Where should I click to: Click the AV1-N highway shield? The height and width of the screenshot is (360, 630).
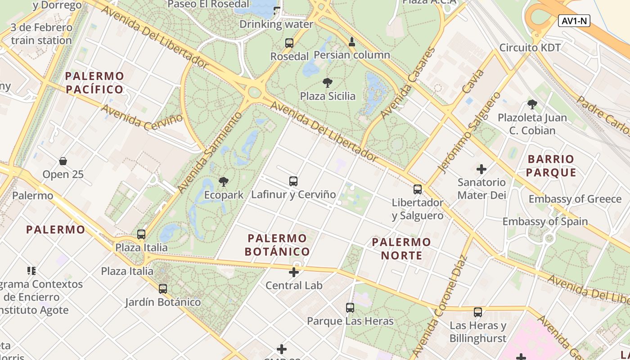[574, 21]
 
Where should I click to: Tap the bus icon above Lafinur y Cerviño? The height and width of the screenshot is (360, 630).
[293, 181]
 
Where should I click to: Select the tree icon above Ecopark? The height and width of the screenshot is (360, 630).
[223, 182]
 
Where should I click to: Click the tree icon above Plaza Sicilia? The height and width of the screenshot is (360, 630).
[328, 83]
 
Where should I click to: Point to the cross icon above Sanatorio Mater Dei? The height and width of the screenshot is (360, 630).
[481, 169]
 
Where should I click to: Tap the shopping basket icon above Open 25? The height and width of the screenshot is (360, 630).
[63, 161]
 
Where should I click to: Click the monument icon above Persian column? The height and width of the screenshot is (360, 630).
[352, 42]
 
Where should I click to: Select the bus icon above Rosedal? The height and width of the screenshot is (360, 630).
[289, 43]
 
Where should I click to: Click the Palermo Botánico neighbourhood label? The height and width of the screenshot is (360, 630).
[277, 245]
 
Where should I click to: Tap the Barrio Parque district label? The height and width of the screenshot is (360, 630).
[551, 166]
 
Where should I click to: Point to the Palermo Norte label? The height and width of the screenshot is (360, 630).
[401, 249]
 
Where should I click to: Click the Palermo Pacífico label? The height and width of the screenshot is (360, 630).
[94, 82]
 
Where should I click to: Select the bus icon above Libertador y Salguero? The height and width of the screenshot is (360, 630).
[418, 189]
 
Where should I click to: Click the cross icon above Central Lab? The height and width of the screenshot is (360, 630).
[294, 272]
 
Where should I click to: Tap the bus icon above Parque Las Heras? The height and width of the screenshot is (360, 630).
[350, 308]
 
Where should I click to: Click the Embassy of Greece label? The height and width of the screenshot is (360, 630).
[575, 199]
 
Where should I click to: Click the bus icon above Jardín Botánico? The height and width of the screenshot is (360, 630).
[163, 289]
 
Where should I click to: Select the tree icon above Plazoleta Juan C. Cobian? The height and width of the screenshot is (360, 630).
[532, 105]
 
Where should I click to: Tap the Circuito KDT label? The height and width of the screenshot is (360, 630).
[530, 48]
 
